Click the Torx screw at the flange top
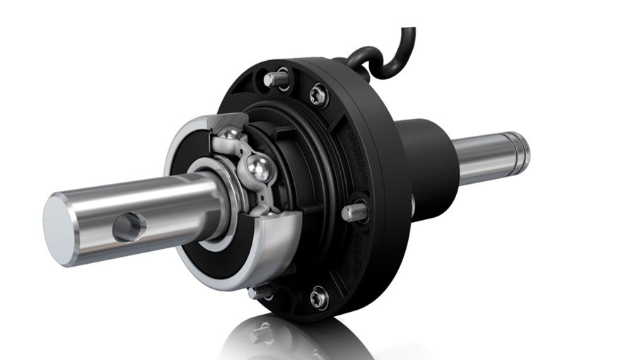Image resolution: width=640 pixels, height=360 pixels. pyautogui.click(x=318, y=93)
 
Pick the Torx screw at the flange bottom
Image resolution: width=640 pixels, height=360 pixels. pyautogui.click(x=318, y=298)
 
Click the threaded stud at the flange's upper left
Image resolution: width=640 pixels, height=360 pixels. pyautogui.click(x=274, y=79)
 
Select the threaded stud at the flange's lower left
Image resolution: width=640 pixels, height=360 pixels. pyautogui.click(x=260, y=291)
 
